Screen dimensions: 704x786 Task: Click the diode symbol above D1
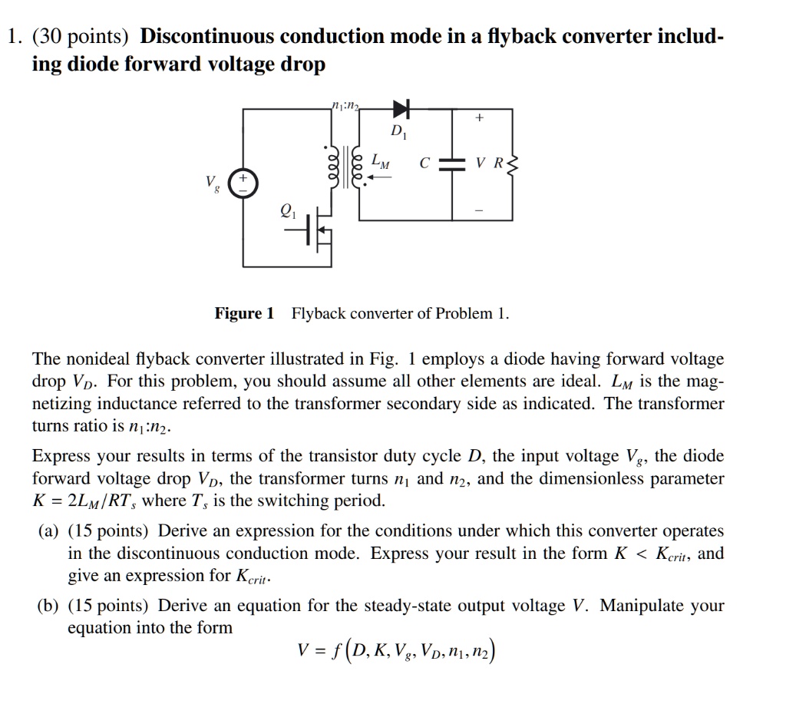tap(401, 109)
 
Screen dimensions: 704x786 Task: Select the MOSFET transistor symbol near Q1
tap(318, 230)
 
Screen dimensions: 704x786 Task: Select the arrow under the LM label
tap(379, 176)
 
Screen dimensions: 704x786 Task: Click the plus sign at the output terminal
tap(481, 119)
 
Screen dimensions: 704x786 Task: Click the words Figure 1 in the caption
tap(244, 313)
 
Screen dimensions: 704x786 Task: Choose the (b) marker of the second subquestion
tap(48, 606)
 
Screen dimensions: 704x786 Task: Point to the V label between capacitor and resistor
tap(481, 164)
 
